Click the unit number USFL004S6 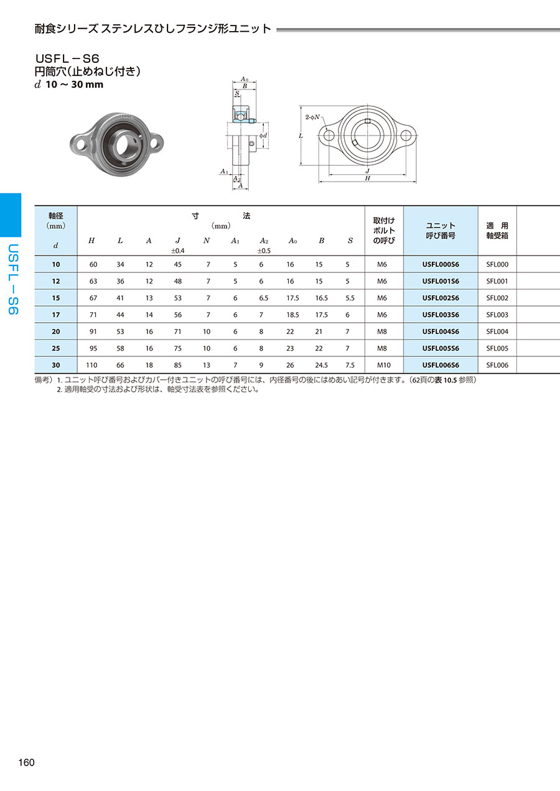point(441,331)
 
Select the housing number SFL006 point(497,365)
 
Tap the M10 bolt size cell point(384,365)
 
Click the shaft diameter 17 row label point(56,315)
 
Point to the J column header point(178,241)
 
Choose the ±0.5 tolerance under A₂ point(264,251)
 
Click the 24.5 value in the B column point(322,365)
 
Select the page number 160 point(27,762)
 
